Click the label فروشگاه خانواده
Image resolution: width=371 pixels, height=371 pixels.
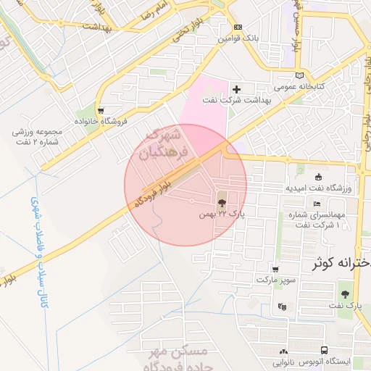(x=101, y=121)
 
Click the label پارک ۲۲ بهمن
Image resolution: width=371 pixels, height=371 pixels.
(x=222, y=215)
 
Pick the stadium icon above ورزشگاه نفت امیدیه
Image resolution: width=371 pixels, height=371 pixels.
(x=318, y=177)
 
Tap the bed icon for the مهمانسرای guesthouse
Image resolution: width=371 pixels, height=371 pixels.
(x=317, y=204)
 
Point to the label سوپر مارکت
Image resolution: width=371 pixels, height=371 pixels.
(x=278, y=279)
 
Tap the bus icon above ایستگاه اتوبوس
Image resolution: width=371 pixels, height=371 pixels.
(x=323, y=349)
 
